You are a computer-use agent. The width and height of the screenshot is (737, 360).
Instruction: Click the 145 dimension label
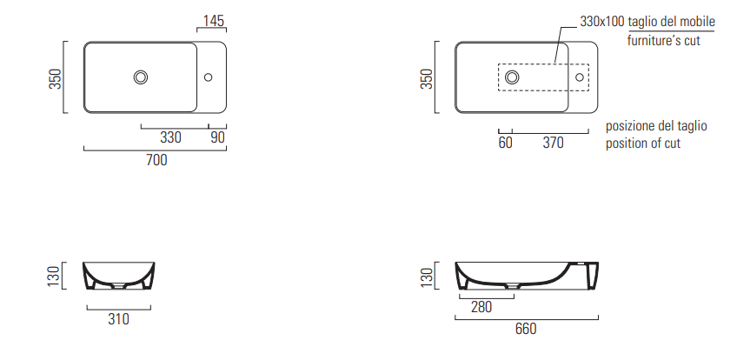pyautogui.click(x=214, y=21)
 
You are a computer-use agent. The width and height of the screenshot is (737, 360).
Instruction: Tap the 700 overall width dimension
pyautogui.click(x=156, y=160)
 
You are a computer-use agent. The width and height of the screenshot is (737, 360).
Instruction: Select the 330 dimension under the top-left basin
pyautogui.click(x=170, y=137)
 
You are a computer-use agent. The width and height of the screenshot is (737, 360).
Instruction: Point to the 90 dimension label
pyautogui.click(x=217, y=137)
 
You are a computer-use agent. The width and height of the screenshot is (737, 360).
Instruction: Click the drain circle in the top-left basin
pyautogui.click(x=141, y=77)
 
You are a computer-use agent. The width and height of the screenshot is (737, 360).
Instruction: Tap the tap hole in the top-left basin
pyautogui.click(x=209, y=77)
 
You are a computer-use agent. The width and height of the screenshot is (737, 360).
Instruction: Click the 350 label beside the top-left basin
pyautogui.click(x=56, y=78)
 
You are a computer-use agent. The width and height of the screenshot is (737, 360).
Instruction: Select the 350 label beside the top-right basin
pyautogui.click(x=427, y=78)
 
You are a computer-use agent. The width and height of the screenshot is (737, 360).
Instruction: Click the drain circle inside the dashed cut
pyautogui.click(x=512, y=77)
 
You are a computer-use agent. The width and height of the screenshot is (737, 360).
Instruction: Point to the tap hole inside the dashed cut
pyautogui.click(x=580, y=77)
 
